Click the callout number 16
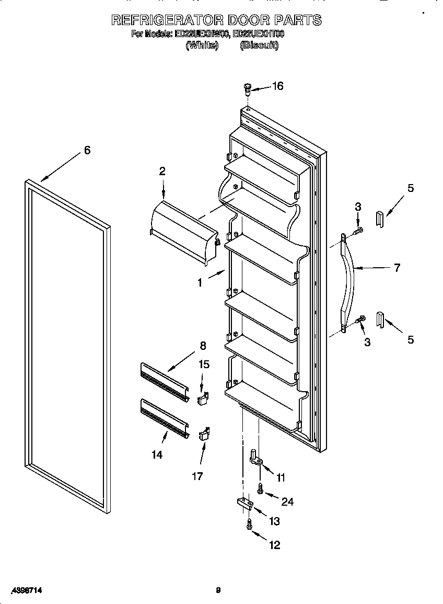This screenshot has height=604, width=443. tap(277, 86)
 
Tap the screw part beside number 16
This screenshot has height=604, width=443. tap(248, 89)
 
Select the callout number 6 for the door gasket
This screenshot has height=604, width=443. tap(87, 151)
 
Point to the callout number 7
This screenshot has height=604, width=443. tap(397, 268)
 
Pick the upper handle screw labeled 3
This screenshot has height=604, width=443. tap(358, 229)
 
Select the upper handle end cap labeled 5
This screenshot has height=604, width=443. tap(380, 219)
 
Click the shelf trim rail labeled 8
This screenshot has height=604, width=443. tap(165, 382)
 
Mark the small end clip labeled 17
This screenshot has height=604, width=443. tap(203, 434)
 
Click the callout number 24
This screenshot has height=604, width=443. tap(287, 502)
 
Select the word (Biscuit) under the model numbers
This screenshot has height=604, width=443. tap(259, 45)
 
